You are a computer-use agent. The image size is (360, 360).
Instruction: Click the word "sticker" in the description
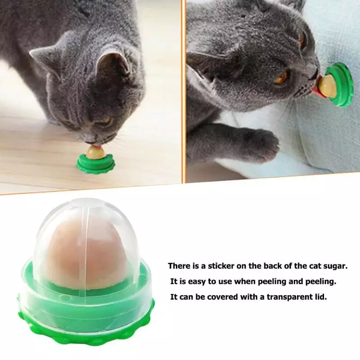[221, 266]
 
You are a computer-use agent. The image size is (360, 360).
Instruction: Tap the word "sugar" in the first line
[336, 266]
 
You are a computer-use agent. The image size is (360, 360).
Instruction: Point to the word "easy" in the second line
[198, 282]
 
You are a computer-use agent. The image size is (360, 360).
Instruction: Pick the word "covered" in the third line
[224, 297]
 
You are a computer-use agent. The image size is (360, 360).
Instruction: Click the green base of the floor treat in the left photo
[95, 162]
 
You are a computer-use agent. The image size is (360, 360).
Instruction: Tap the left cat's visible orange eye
[106, 121]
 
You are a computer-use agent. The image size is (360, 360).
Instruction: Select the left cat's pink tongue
[98, 145]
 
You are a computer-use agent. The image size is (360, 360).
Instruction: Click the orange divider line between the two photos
[183, 91]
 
